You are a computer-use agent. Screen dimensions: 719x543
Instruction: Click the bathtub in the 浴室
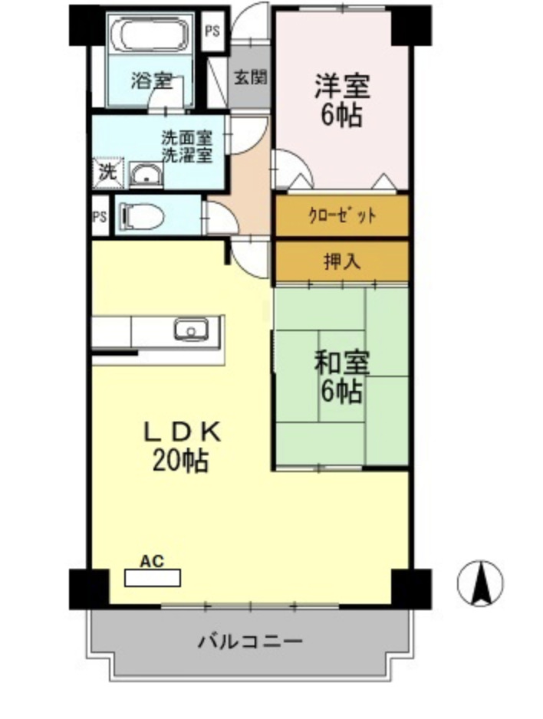click(150, 35)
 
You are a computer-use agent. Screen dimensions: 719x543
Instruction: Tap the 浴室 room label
click(150, 80)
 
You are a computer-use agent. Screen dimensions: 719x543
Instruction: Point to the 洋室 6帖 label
click(341, 100)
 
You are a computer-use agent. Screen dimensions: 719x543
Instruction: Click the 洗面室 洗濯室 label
click(186, 146)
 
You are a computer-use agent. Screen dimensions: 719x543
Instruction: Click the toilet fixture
click(143, 216)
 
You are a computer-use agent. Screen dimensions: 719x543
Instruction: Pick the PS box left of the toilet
click(100, 216)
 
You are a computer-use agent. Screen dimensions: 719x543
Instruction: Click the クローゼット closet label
click(341, 215)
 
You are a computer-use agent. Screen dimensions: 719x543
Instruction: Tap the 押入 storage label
click(341, 261)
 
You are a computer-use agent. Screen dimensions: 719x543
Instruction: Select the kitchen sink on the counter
click(190, 330)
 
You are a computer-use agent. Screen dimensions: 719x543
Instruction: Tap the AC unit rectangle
click(153, 577)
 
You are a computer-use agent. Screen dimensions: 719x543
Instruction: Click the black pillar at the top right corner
click(410, 26)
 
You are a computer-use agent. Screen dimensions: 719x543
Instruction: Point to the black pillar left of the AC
click(88, 588)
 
